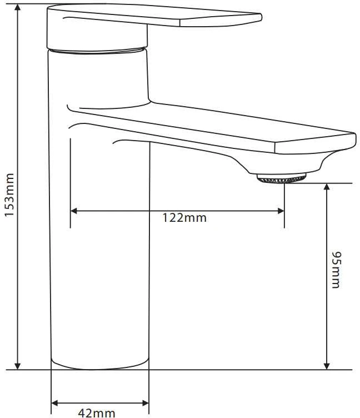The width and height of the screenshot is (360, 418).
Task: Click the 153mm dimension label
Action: [9, 195]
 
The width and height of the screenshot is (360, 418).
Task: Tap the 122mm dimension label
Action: [184, 218]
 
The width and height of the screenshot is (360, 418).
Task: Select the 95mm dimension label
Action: [336, 270]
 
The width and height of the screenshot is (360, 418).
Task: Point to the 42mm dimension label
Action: [97, 413]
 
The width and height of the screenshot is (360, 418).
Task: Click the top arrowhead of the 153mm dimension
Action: [18, 7]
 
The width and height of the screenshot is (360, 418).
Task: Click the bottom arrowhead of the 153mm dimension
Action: [18, 366]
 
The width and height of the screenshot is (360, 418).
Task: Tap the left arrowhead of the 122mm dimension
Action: [74, 211]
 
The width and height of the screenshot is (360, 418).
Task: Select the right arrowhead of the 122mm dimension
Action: [281, 211]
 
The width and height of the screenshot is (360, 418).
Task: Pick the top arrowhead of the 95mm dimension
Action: [327, 187]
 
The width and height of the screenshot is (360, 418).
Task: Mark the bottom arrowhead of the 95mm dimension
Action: [327, 366]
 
